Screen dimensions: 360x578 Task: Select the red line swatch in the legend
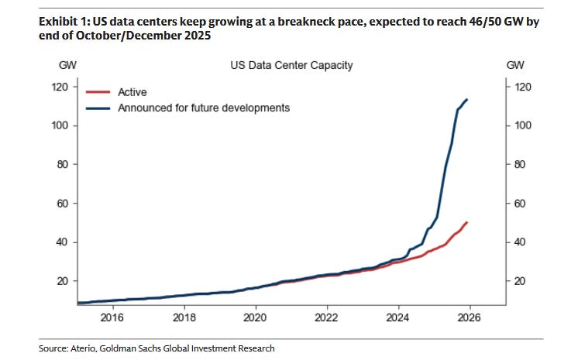(98, 92)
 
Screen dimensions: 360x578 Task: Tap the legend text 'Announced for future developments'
(204, 108)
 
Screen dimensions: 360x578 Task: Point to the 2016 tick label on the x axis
(112, 317)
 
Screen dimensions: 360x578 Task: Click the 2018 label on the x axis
(184, 317)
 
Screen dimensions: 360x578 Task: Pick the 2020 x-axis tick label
(255, 317)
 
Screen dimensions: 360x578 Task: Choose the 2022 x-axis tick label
(327, 317)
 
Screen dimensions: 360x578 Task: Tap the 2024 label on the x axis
(398, 317)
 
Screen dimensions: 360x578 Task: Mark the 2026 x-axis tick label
(470, 317)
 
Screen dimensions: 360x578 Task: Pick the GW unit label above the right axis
(515, 65)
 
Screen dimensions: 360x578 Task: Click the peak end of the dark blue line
(466, 99)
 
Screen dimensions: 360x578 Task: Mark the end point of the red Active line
(466, 222)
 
